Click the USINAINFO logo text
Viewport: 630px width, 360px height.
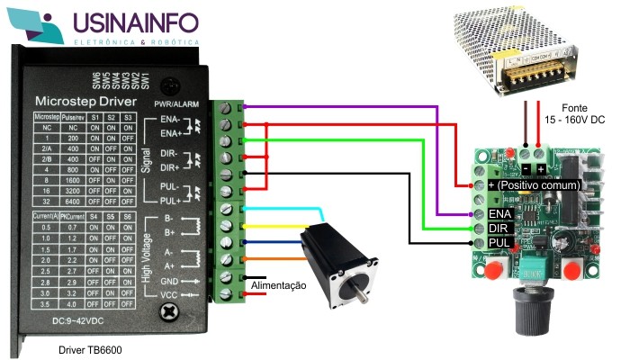click(x=136, y=22)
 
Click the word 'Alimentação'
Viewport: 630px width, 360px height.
click(x=278, y=285)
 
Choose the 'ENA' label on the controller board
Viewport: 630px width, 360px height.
click(x=500, y=214)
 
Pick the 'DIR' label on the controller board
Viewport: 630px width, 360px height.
click(x=499, y=229)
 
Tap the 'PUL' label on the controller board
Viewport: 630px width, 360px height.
click(x=499, y=243)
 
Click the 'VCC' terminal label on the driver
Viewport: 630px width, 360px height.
click(x=167, y=294)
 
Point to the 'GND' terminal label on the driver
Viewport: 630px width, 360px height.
click(x=167, y=281)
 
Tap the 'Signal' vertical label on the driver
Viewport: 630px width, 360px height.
click(x=147, y=160)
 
